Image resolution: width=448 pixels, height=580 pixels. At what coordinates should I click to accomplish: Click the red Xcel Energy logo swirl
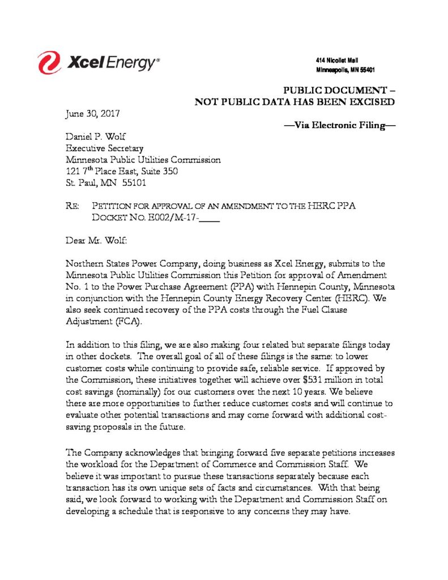tap(49, 62)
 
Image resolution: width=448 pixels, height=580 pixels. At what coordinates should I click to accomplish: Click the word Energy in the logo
tap(131, 63)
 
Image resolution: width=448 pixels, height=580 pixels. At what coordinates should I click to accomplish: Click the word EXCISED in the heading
tap(372, 102)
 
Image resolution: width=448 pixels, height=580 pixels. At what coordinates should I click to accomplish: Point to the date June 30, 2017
tap(93, 113)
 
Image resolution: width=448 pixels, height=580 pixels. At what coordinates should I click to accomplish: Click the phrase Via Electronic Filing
tap(339, 125)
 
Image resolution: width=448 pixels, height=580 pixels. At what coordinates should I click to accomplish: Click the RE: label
tap(73, 206)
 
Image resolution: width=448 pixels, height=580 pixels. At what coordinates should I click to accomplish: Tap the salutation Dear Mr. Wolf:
tap(97, 241)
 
